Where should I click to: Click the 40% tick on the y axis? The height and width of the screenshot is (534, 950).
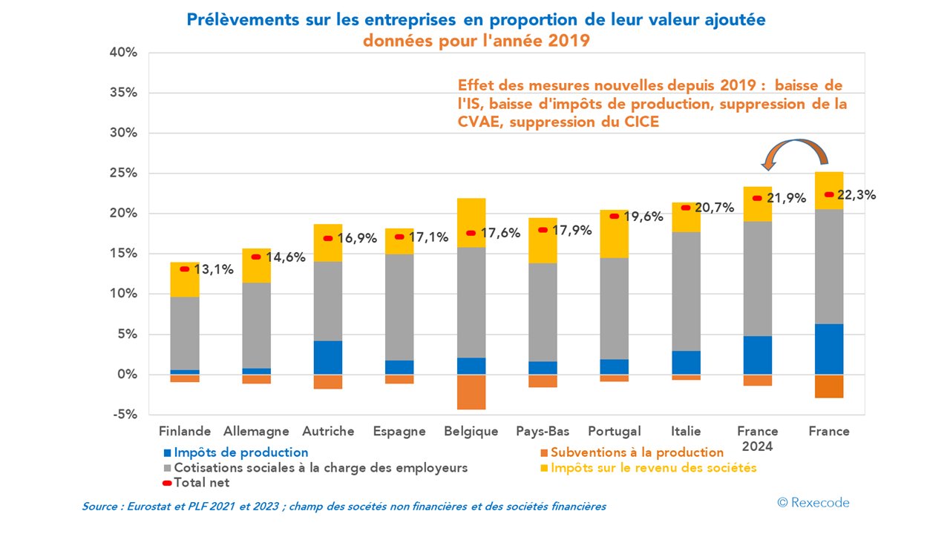tap(122, 53)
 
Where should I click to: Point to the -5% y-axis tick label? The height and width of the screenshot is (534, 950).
tap(124, 415)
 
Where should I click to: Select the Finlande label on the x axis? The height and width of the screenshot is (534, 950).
tap(185, 432)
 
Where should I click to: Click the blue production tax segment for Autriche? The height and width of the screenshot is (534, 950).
tap(328, 357)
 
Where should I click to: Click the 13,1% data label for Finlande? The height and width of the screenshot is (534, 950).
tap(214, 270)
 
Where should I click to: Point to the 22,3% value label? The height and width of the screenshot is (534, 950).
tap(856, 196)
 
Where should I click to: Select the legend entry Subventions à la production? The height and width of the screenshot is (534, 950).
tap(637, 452)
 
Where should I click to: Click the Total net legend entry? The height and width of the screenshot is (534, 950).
tap(201, 483)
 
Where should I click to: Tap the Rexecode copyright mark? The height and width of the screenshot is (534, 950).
tap(813, 503)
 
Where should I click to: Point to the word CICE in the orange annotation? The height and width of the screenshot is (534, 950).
tap(638, 122)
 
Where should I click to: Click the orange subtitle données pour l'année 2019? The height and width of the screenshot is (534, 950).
tap(476, 40)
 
